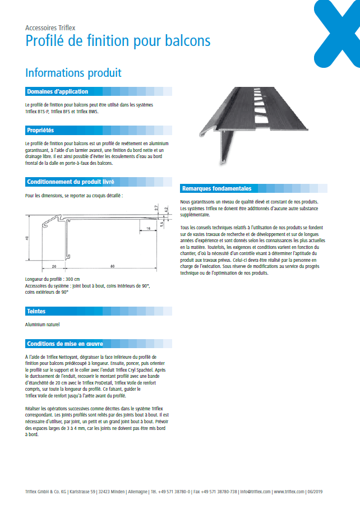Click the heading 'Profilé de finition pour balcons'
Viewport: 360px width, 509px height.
pos(118,41)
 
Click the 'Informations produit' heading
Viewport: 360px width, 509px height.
pos(73,73)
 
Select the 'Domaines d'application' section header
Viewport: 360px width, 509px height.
pos(58,91)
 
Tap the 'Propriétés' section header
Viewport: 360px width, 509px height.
pos(40,130)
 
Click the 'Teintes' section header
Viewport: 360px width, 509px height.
pos(36,311)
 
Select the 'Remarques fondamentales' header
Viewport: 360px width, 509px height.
pos(216,188)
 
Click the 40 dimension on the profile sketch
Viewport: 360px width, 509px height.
pos(27,238)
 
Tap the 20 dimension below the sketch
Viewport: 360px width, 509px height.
pos(54,266)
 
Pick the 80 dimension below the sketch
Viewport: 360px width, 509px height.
pos(112,266)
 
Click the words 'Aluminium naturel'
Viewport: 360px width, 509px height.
pos(43,325)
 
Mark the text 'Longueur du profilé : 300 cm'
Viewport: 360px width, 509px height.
pos(53,279)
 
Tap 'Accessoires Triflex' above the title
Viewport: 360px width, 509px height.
pos(50,27)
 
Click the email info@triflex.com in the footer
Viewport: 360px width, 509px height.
pos(255,491)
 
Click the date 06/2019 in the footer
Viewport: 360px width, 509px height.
pos(315,491)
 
